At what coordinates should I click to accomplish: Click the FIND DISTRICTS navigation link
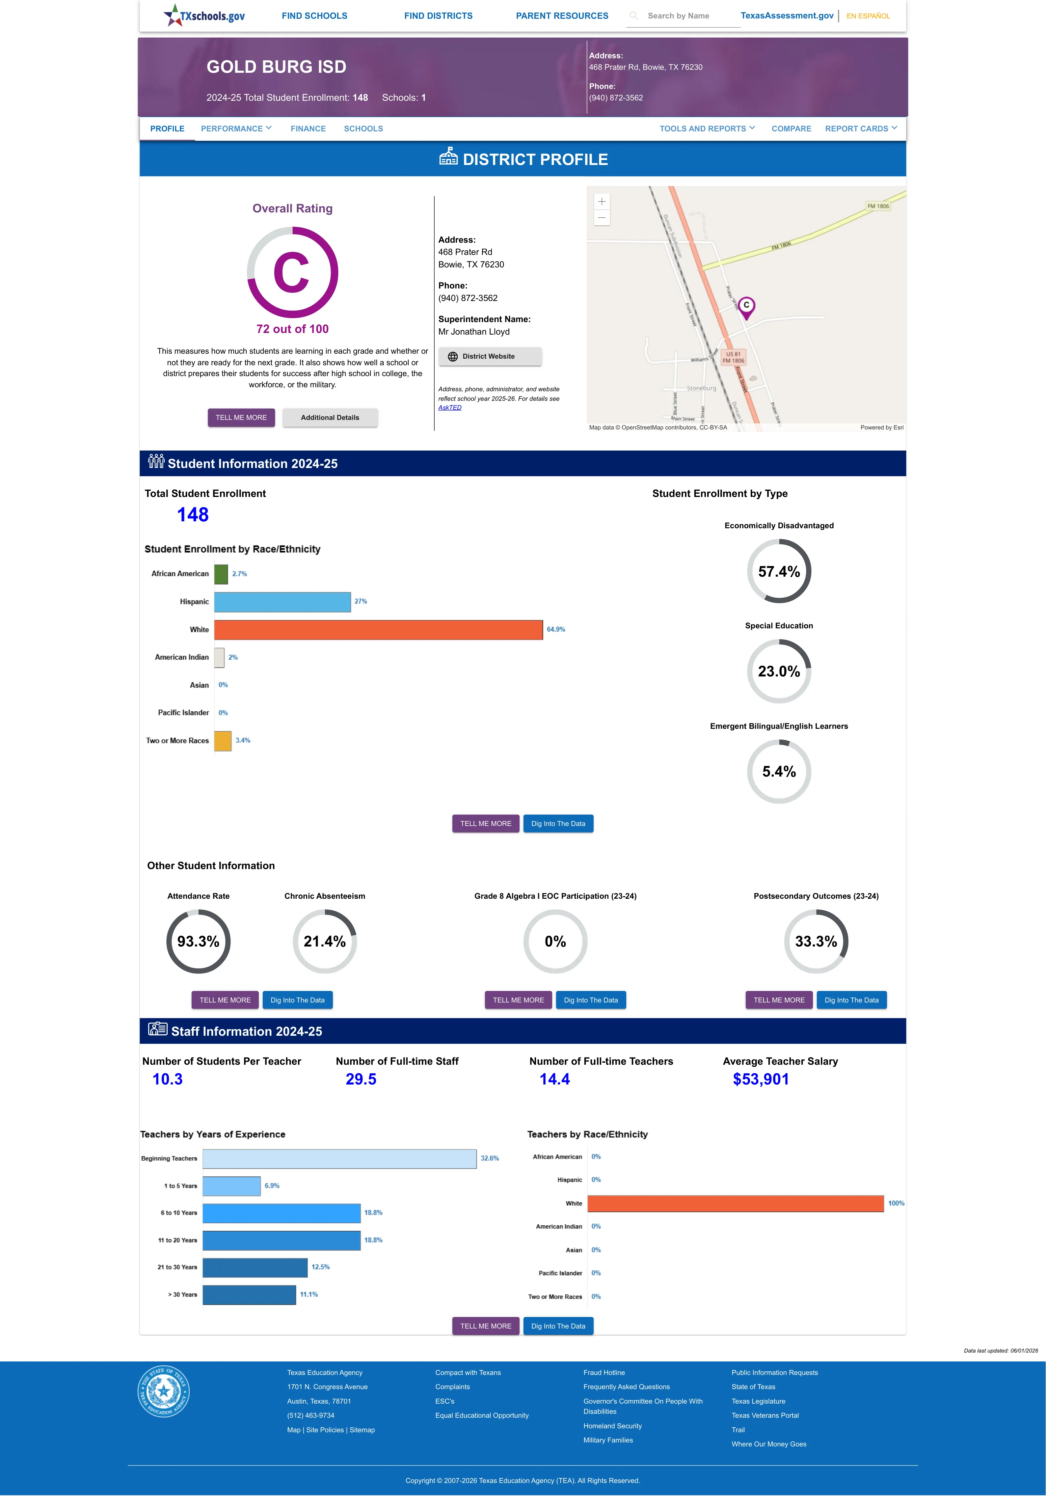[x=438, y=16]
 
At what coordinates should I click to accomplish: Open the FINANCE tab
[x=308, y=128]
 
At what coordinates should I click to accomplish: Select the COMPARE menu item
[x=791, y=128]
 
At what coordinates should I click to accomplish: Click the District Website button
[x=490, y=357]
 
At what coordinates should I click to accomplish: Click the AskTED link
[x=450, y=408]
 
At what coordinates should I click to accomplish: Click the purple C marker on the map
[x=746, y=307]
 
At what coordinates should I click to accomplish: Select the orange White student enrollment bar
[x=378, y=630]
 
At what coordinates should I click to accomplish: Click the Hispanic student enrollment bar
[x=282, y=602]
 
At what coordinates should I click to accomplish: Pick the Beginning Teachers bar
[x=339, y=1159]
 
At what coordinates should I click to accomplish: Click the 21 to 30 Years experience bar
[x=255, y=1268]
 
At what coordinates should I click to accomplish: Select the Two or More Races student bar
[x=223, y=741]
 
